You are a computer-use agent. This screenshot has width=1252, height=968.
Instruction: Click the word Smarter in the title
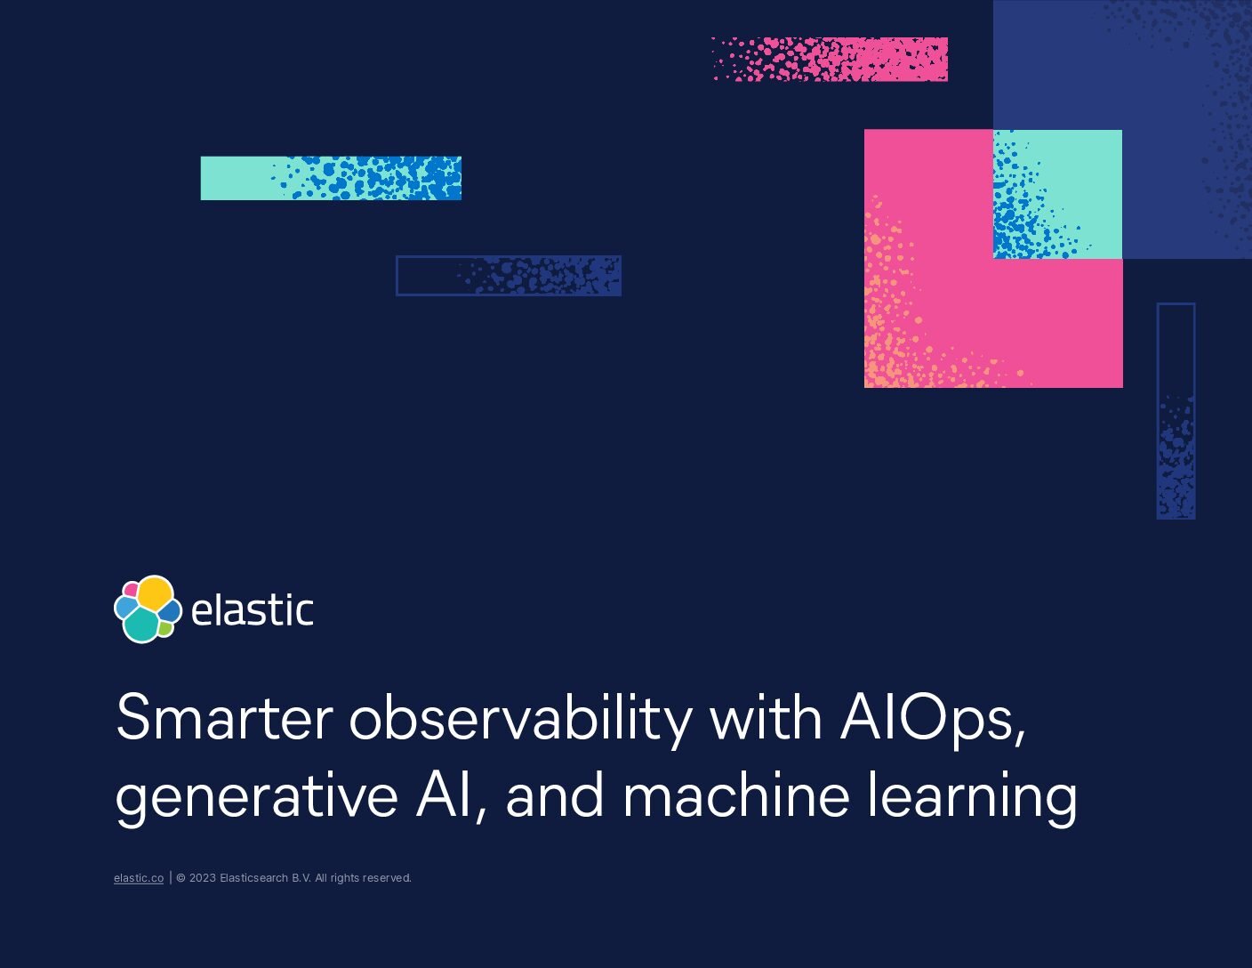click(225, 717)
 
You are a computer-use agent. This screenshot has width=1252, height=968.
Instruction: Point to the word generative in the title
click(256, 798)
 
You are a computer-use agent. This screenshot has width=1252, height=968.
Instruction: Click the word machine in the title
click(736, 794)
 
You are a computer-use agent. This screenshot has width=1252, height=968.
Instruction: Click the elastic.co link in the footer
click(139, 878)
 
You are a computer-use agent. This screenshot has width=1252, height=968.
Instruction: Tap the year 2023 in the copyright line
click(203, 878)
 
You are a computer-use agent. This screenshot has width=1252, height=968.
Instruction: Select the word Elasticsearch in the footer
click(254, 878)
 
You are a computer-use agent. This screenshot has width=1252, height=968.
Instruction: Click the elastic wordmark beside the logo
click(253, 610)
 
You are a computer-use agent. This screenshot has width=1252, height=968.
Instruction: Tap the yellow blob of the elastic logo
click(155, 593)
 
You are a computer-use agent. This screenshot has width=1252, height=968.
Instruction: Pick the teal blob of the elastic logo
click(141, 625)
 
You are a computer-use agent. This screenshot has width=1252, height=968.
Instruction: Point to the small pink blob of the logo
click(132, 590)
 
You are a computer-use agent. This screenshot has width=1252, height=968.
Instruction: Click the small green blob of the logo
click(165, 629)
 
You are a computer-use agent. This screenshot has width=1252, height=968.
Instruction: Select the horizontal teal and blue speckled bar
click(331, 178)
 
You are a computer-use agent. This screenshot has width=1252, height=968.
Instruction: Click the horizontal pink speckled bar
click(830, 60)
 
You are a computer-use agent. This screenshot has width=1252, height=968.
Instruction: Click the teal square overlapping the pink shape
click(1057, 194)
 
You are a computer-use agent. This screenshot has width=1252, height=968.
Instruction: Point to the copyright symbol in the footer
click(181, 878)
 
